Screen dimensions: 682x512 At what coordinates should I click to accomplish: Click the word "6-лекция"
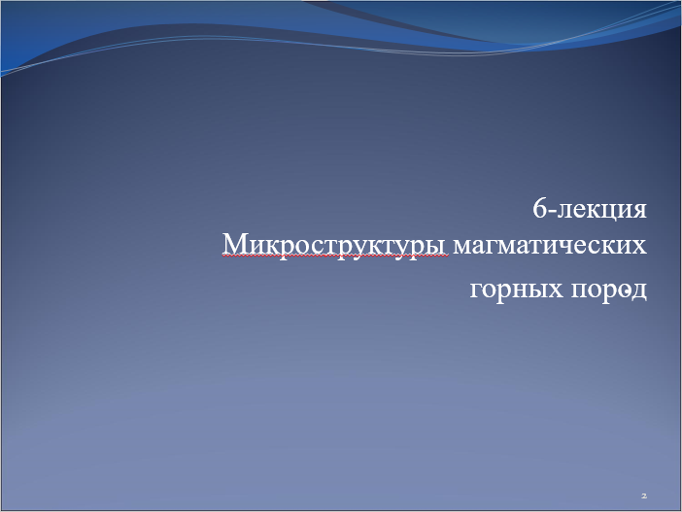(590, 209)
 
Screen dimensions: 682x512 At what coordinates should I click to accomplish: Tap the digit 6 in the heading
(539, 208)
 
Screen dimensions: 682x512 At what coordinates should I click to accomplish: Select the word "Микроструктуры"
(335, 246)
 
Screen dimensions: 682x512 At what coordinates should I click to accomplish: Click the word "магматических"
(550, 246)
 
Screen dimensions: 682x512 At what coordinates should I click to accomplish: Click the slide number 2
(644, 495)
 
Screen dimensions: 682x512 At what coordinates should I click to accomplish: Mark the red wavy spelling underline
(335, 257)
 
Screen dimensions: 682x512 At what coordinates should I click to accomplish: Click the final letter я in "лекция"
(639, 210)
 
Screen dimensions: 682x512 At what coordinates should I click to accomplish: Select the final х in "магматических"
(639, 247)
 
